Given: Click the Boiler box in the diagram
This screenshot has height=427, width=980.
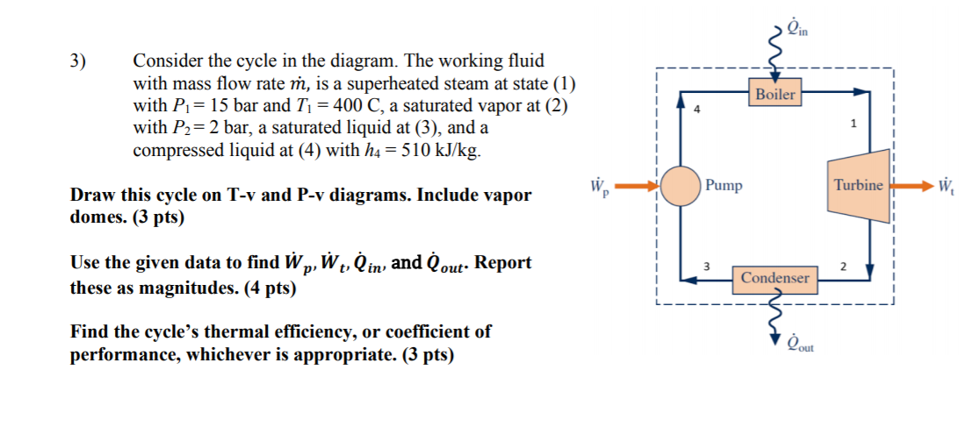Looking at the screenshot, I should [x=775, y=93].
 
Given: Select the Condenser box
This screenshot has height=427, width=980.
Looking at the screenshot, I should [x=775, y=277].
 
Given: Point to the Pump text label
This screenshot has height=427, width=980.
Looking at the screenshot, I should [x=724, y=185].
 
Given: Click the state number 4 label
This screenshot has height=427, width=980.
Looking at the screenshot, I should [x=698, y=110].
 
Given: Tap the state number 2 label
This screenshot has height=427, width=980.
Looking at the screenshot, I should [x=842, y=265].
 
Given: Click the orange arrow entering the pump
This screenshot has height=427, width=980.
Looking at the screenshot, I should [x=638, y=186].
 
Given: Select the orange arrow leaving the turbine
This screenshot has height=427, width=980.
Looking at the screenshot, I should [x=912, y=186].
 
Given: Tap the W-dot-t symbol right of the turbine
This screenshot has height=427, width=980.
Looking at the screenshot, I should [x=948, y=186].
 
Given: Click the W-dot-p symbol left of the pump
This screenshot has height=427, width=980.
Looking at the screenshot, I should [x=599, y=186].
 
